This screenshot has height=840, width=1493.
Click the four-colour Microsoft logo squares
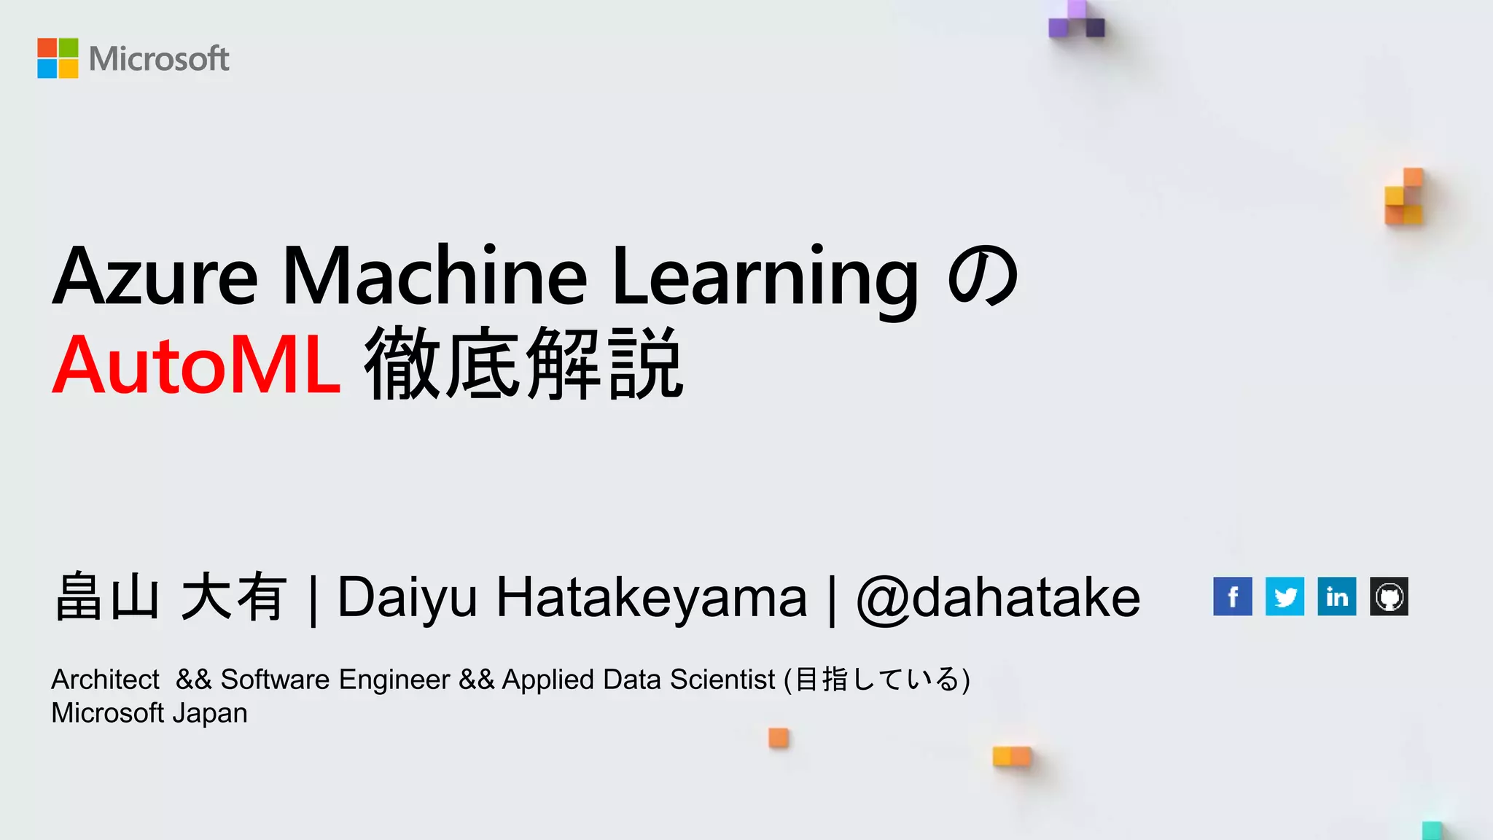(58, 58)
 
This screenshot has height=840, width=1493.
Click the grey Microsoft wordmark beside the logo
(159, 59)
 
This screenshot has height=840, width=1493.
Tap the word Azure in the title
(155, 277)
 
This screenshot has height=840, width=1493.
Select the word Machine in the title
(434, 277)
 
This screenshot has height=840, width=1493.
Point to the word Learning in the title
(765, 277)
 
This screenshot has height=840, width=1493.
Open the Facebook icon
(1233, 596)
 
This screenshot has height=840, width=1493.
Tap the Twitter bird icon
(1285, 596)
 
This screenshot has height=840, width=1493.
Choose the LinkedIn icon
(1337, 596)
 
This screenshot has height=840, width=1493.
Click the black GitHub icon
(1389, 596)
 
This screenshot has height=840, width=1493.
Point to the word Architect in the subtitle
(105, 680)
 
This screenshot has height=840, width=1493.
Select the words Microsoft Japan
(149, 713)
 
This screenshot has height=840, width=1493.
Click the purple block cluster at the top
(1077, 20)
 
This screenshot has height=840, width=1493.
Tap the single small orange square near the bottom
(779, 738)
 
